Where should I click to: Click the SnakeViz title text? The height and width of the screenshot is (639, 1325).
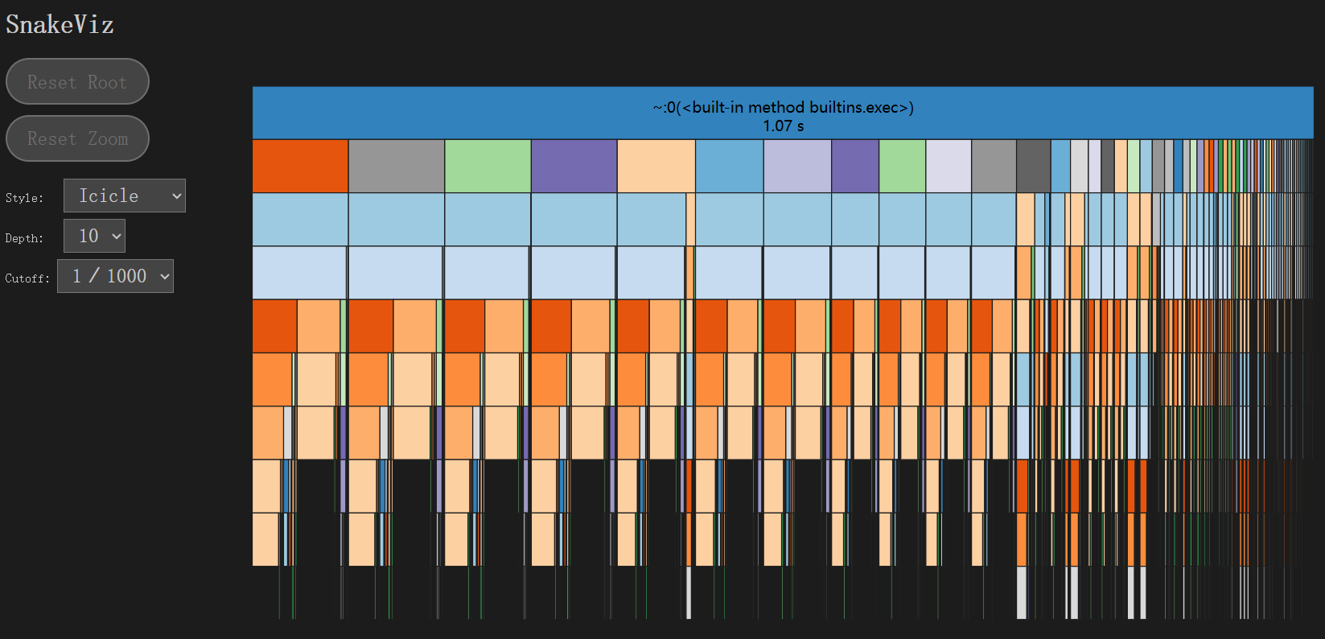pos(60,25)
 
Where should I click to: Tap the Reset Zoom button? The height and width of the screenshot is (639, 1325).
pos(77,138)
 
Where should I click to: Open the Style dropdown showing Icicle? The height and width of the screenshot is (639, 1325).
pos(124,196)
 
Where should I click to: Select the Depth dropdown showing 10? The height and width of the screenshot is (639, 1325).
pos(94,236)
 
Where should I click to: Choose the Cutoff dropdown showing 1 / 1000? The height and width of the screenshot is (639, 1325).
pos(115,276)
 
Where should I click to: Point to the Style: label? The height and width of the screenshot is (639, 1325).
pos(24,198)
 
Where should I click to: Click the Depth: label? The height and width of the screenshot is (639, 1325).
pos(24,238)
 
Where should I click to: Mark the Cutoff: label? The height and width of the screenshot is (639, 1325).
pos(27,278)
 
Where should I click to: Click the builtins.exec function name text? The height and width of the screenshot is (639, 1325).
pos(783,107)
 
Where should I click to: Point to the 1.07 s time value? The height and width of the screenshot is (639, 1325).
pos(783,126)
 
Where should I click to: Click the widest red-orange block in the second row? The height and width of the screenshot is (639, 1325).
pos(300,166)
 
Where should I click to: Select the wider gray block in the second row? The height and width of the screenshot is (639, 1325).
pos(397,166)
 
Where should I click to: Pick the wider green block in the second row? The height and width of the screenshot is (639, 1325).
pos(488,166)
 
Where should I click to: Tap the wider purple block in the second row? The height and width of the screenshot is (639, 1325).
pos(574,166)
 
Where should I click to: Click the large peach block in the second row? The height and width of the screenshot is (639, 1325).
pos(656,166)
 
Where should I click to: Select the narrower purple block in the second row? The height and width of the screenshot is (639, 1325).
pos(854,166)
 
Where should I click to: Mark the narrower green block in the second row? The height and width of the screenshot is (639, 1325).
pos(902,166)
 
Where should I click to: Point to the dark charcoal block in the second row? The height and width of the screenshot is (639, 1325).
pos(1033,166)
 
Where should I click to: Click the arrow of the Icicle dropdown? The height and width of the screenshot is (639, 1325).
pos(177,196)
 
